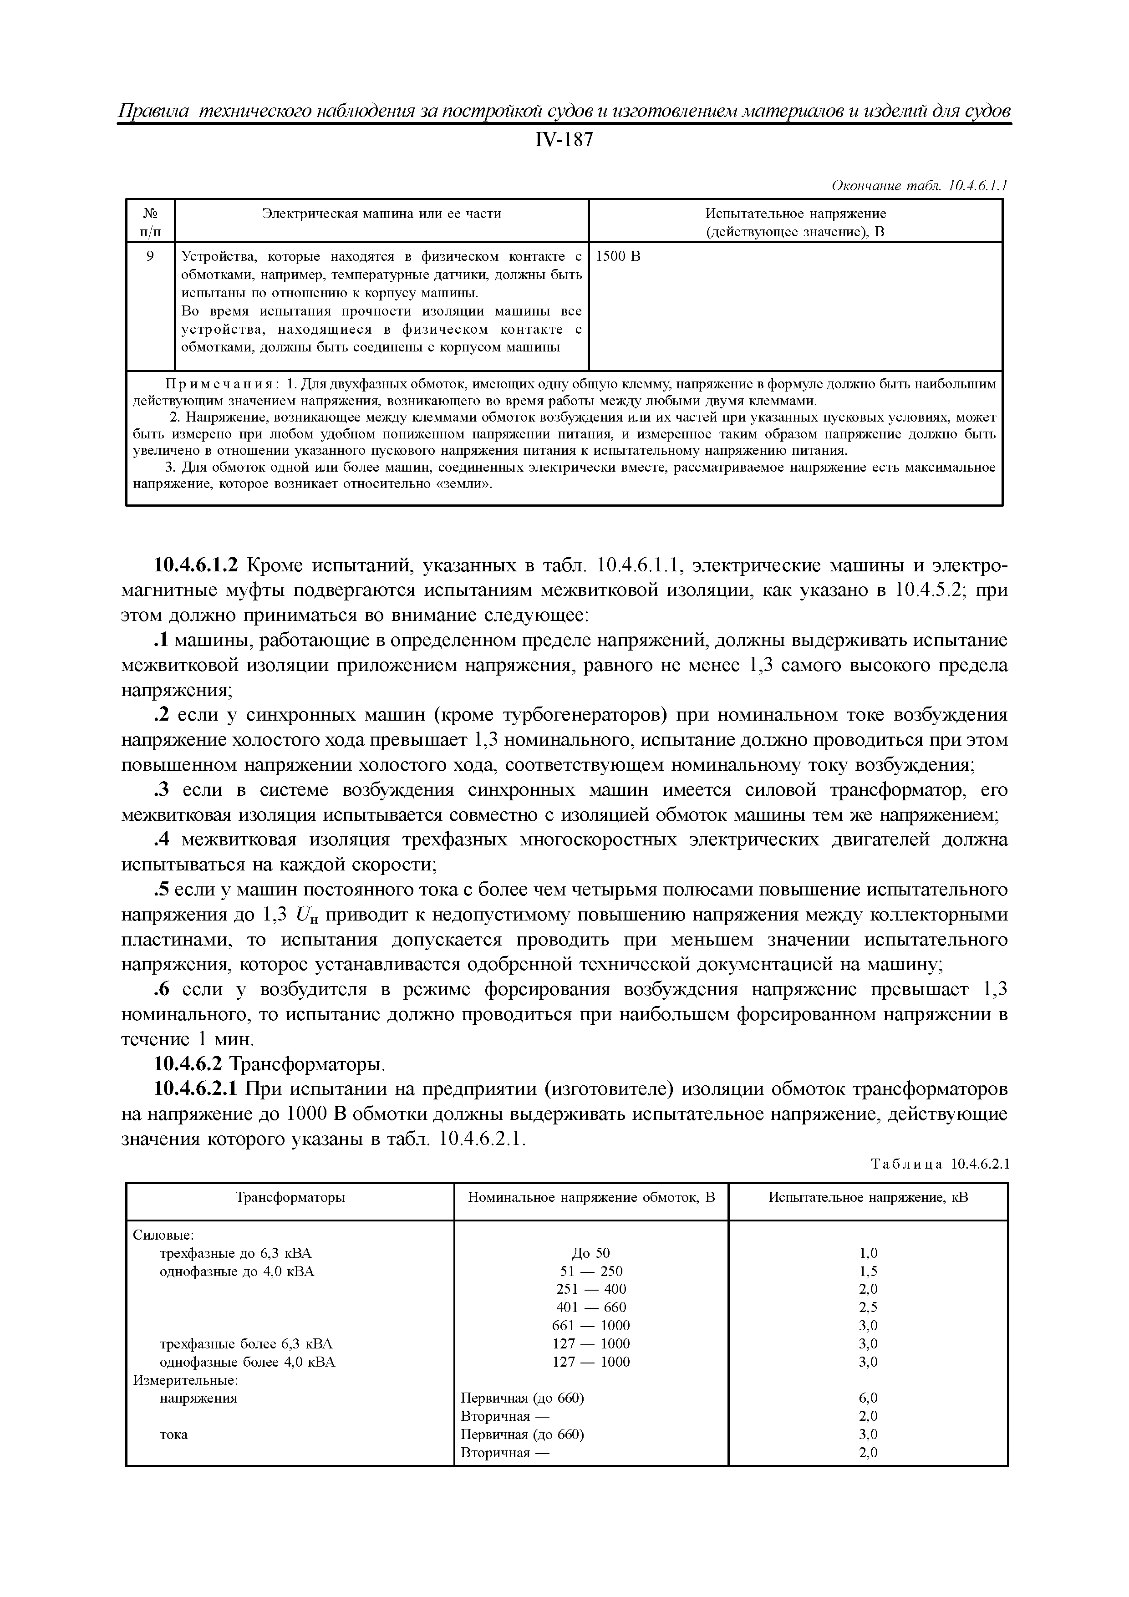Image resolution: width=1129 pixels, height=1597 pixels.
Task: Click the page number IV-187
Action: point(564,141)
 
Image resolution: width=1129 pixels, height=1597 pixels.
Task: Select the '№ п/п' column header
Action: point(150,222)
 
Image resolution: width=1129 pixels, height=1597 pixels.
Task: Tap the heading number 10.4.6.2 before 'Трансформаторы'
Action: point(188,1065)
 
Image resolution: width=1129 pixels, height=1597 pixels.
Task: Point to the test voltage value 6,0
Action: point(868,1398)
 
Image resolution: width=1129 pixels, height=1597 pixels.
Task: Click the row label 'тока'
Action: point(174,1434)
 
